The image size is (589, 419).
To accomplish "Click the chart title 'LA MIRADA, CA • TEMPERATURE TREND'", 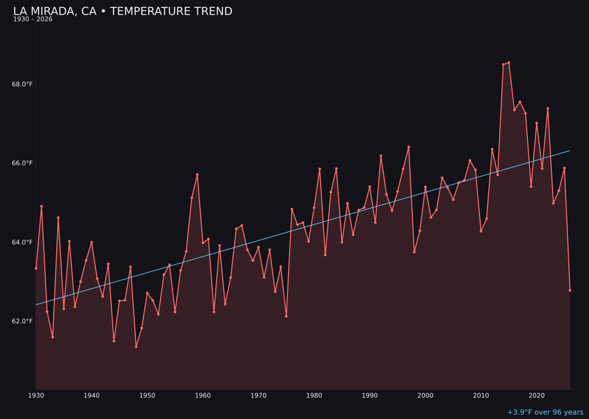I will [x=123, y=11].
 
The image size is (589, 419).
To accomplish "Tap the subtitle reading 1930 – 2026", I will [x=33, y=20].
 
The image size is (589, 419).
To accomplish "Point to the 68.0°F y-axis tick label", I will [x=22, y=84].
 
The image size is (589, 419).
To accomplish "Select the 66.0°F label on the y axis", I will [x=22, y=163].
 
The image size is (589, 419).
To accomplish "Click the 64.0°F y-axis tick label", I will [x=22, y=242].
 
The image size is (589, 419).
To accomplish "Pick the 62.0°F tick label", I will [x=22, y=321].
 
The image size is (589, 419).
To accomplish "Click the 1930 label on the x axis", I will [x=36, y=396].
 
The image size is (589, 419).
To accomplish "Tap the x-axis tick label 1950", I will [x=147, y=396].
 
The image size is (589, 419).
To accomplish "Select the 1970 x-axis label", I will [x=259, y=396].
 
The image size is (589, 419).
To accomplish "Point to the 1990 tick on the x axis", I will [x=370, y=396].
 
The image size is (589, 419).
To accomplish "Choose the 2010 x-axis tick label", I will [x=481, y=396].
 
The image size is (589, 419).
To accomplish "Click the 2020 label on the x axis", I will [x=537, y=396].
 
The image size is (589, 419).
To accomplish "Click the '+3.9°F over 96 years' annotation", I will [x=545, y=412].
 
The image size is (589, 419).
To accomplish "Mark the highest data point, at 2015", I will [x=509, y=62].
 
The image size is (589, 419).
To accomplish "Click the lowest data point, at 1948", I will [x=136, y=346].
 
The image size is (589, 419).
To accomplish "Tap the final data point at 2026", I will [x=570, y=290].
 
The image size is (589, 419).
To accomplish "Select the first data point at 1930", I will [x=36, y=268].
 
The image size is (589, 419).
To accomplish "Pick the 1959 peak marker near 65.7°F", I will [x=197, y=175].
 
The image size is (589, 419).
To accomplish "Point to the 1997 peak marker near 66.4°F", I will [x=408, y=147].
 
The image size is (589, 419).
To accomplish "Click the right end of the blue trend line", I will [x=570, y=151].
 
